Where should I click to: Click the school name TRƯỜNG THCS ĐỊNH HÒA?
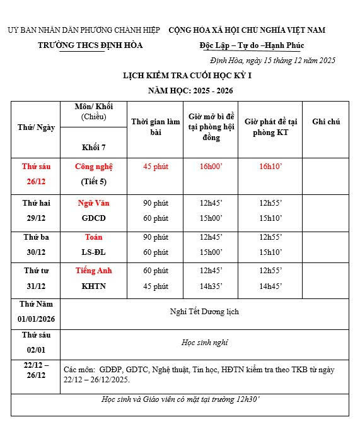coord(90,45)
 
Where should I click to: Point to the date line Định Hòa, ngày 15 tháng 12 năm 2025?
coord(272,61)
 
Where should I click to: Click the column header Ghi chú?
coord(326,121)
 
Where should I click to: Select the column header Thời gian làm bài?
coord(156,127)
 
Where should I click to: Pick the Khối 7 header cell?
coord(94,147)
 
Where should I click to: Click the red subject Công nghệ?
coord(94,167)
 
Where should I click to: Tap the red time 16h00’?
coord(211,167)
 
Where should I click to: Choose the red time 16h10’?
coord(270,167)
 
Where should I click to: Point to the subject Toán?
coord(94,237)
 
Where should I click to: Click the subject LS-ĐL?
coord(94,252)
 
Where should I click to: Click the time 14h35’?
coord(211,286)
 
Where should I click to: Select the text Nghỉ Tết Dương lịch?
coord(205,311)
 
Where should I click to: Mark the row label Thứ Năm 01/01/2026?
coord(36,312)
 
